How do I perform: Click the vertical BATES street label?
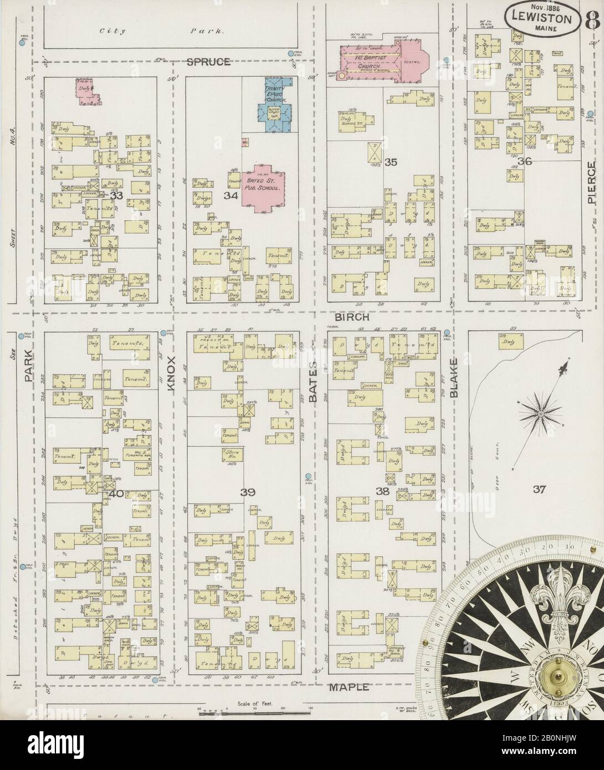coord(313,383)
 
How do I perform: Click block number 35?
coord(391,162)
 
